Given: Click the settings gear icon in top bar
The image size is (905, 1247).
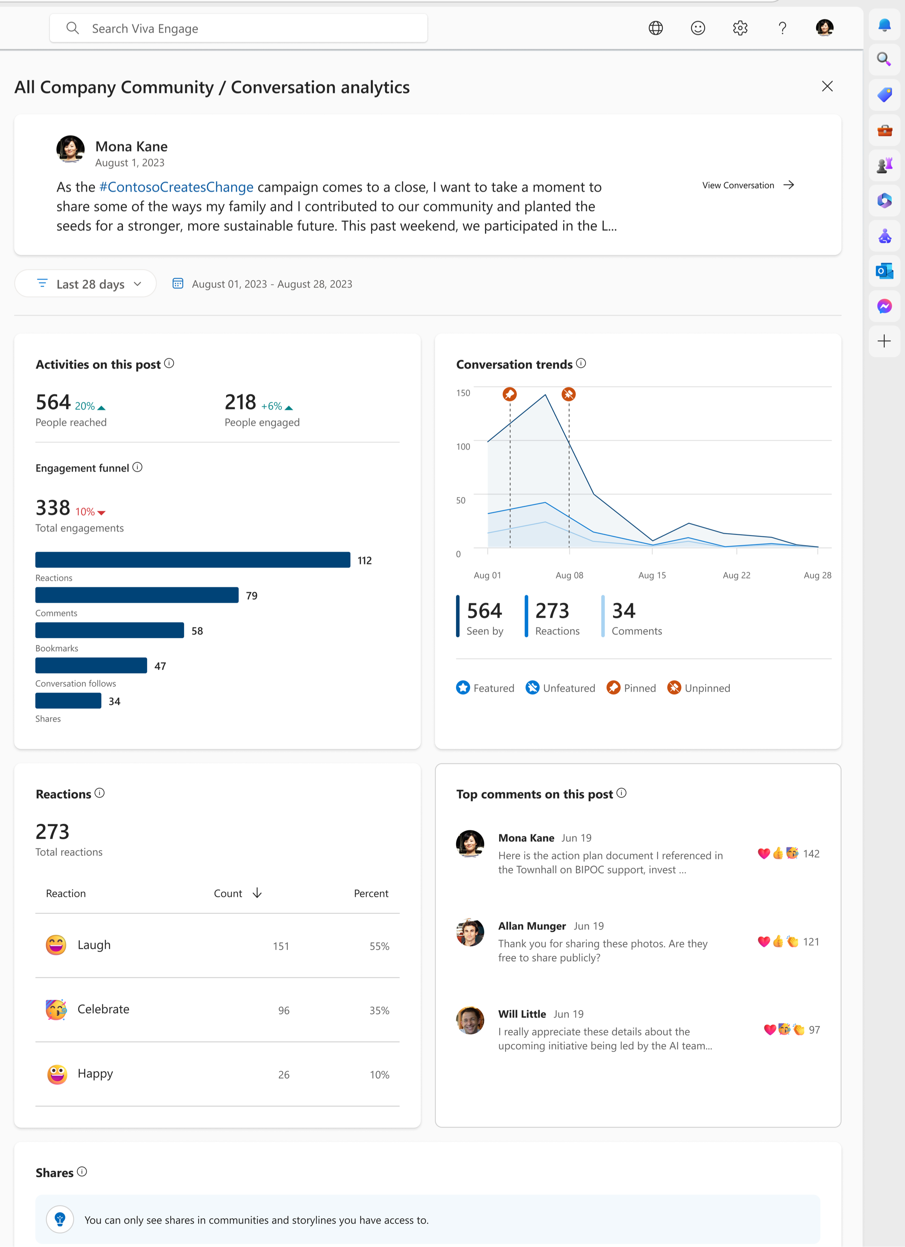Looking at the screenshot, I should [x=740, y=28].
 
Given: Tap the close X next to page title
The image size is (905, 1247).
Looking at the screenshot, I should [x=827, y=86].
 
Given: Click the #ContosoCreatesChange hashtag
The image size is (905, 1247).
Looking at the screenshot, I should [x=176, y=187].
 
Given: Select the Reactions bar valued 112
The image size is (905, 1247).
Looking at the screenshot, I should [x=193, y=560].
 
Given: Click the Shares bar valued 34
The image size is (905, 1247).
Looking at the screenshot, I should [x=68, y=701].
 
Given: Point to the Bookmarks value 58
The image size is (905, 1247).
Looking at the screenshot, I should [x=197, y=631].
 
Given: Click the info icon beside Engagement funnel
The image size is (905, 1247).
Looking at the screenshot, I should [x=137, y=467].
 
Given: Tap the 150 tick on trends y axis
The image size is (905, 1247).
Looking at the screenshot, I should [x=463, y=392].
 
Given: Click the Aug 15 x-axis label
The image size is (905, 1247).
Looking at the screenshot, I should [x=652, y=575].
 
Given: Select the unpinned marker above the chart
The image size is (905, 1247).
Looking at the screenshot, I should [x=568, y=394].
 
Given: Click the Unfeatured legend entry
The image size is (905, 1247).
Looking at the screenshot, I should [x=560, y=688].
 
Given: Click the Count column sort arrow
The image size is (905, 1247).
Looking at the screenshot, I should [x=257, y=893].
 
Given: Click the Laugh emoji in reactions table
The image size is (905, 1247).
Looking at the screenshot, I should [x=56, y=945].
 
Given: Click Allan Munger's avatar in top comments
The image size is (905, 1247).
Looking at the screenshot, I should [x=470, y=932].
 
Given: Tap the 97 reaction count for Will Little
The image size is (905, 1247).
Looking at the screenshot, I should [x=814, y=1030].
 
